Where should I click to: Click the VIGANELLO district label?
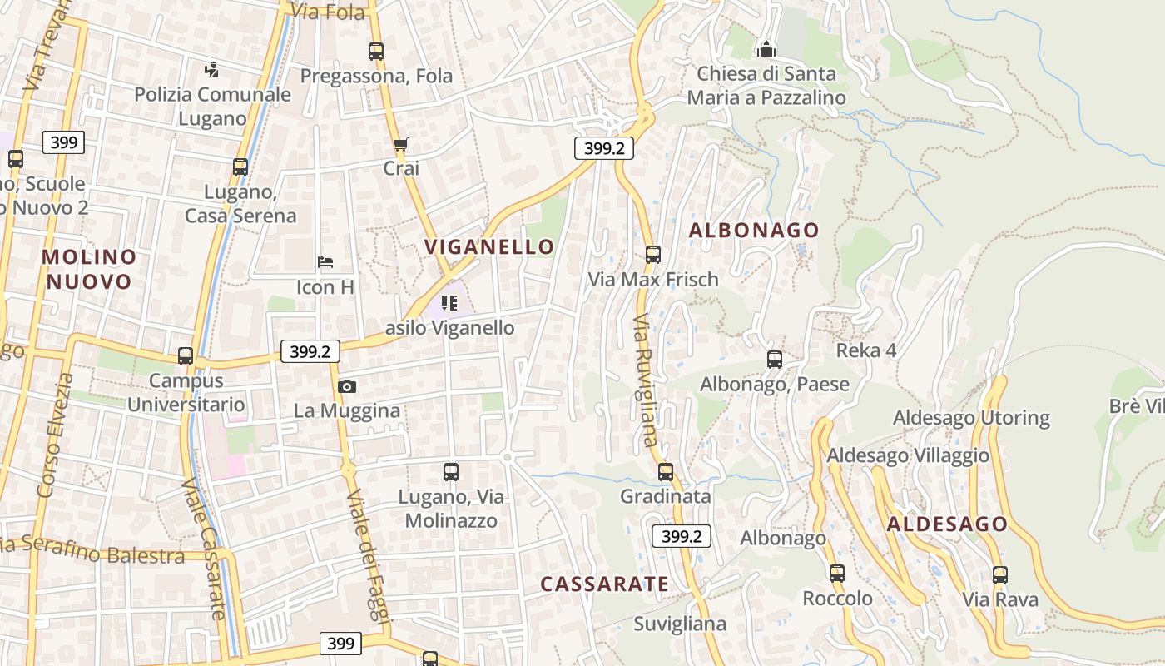click(x=489, y=246)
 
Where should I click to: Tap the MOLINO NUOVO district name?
click(x=88, y=269)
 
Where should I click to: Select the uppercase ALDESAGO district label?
click(x=947, y=524)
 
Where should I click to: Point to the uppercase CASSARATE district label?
click(x=604, y=584)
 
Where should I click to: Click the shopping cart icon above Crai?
click(x=401, y=145)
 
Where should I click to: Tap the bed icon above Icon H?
click(x=325, y=263)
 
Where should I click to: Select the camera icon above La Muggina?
click(x=347, y=386)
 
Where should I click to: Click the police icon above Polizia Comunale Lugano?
click(x=213, y=70)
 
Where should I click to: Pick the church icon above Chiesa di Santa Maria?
click(x=766, y=50)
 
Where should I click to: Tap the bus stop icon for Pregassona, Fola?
click(x=376, y=52)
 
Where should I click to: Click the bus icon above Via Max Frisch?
click(x=653, y=255)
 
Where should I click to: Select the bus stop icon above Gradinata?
click(x=666, y=472)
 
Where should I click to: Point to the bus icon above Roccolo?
click(x=837, y=574)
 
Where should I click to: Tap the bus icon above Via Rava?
click(x=1000, y=575)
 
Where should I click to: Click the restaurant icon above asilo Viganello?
click(x=450, y=303)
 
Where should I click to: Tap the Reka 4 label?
click(x=866, y=350)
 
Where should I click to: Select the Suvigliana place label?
click(x=680, y=624)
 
